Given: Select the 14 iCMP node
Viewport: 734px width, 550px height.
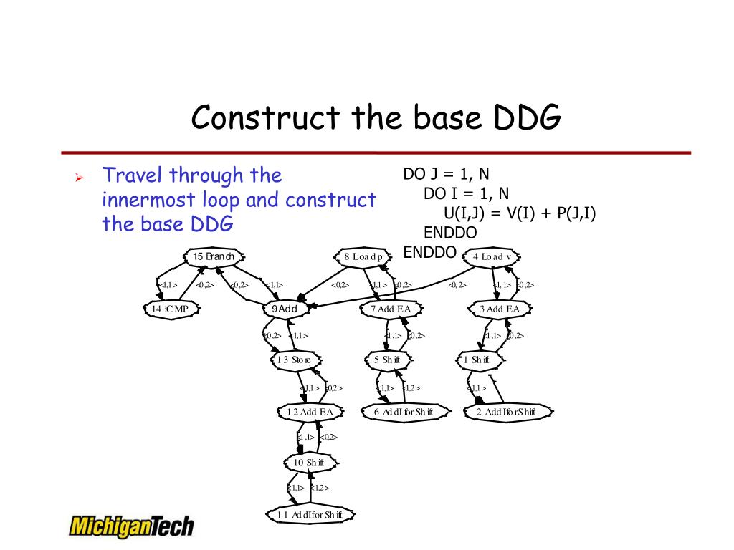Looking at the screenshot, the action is click(x=171, y=309).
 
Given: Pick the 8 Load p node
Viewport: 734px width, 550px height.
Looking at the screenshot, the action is click(x=363, y=256).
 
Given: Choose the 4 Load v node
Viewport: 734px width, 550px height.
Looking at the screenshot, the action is click(x=492, y=256).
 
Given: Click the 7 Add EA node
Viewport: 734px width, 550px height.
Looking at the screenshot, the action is click(x=391, y=309).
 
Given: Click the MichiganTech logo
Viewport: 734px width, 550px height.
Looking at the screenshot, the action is click(x=131, y=526).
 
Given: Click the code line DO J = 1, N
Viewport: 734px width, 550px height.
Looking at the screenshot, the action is click(x=447, y=174).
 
